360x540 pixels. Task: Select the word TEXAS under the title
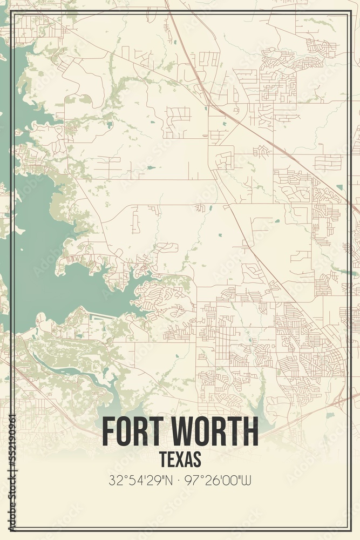pyautogui.click(x=180, y=459)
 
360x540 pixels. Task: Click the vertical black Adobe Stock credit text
pyautogui.click(x=12, y=486)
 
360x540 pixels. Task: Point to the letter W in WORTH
pyautogui.click(x=186, y=432)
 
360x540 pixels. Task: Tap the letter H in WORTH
pyautogui.click(x=250, y=432)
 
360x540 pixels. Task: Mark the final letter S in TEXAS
pyautogui.click(x=197, y=459)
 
